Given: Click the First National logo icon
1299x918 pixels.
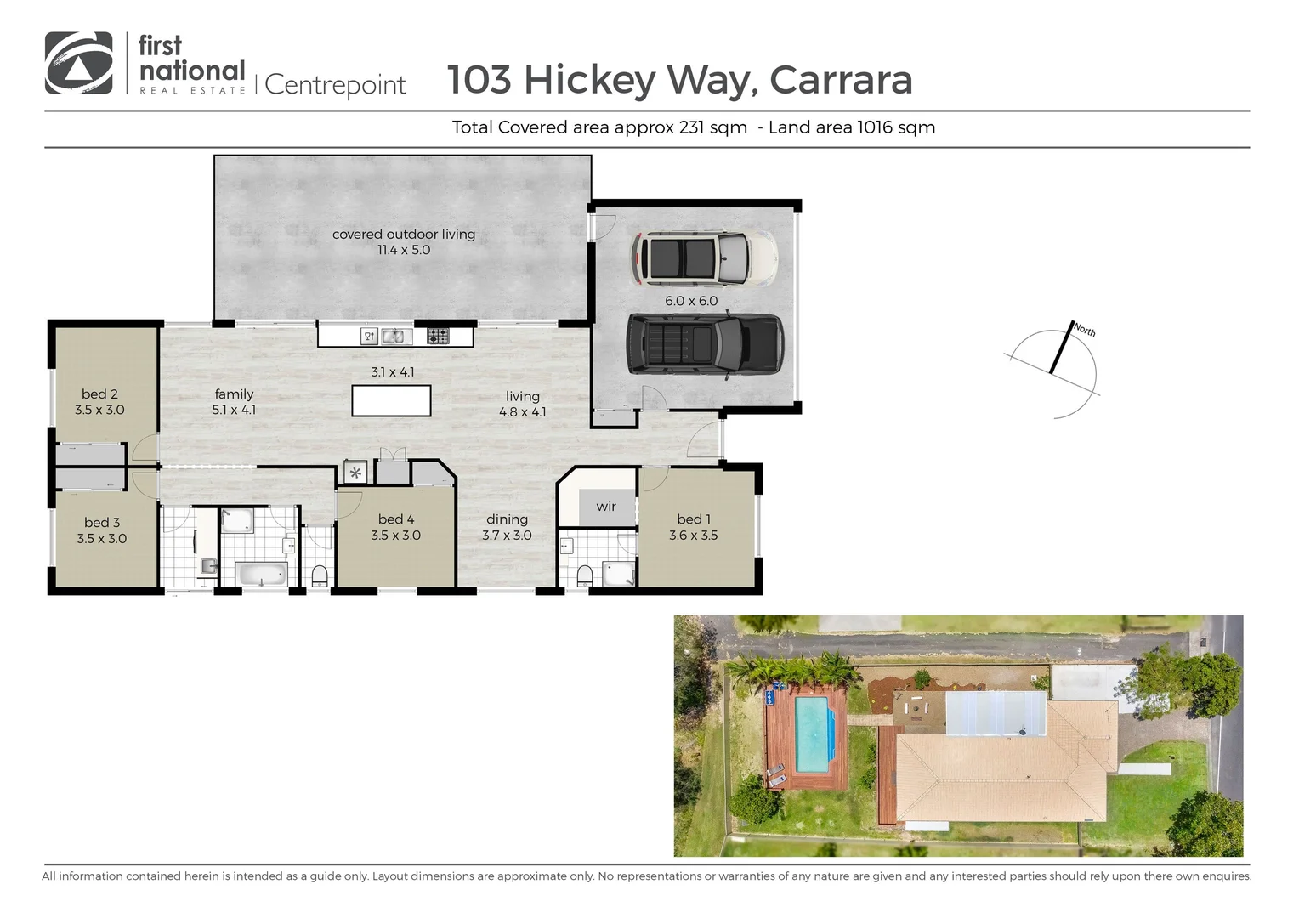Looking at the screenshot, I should click(78, 63).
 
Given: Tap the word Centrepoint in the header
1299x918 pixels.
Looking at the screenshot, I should click(335, 85).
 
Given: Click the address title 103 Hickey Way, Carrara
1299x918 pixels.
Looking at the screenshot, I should click(679, 80).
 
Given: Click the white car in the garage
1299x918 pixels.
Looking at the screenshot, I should click(703, 258).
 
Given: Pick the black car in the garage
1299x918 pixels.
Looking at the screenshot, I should click(705, 343).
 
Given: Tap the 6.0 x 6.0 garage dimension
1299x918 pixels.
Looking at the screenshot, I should click(691, 301).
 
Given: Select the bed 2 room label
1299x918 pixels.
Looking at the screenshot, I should click(99, 401).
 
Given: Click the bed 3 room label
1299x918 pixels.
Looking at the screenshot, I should click(101, 530).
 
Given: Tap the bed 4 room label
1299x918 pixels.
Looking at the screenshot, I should click(396, 527).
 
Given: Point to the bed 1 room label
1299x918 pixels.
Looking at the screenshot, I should click(694, 527).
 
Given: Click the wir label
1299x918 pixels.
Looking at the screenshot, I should click(606, 507).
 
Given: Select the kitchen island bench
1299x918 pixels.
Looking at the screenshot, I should click(391, 400).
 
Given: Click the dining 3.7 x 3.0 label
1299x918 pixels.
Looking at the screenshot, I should click(507, 527).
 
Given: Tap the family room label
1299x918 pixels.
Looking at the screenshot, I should click(234, 401).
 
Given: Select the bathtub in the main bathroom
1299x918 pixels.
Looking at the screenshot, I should click(262, 575).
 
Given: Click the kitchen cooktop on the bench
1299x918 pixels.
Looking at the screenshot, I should click(438, 337).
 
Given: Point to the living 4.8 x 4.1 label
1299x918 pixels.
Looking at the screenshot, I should click(522, 404).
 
